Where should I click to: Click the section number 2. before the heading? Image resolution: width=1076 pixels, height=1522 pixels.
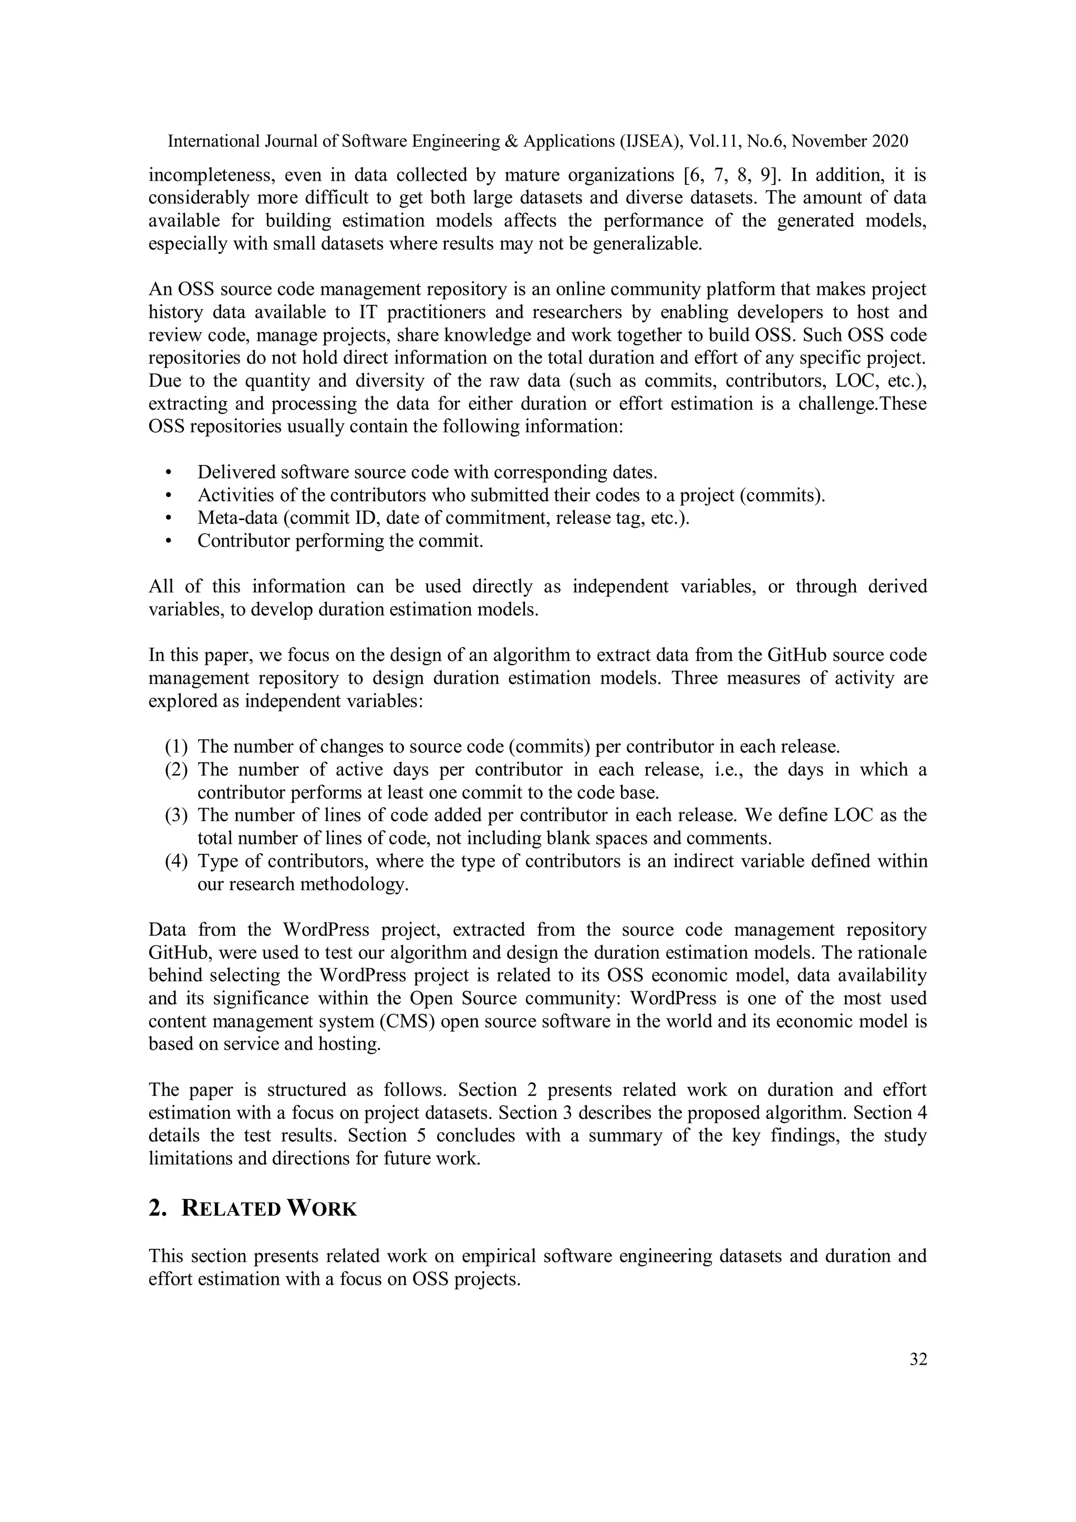[x=157, y=1208]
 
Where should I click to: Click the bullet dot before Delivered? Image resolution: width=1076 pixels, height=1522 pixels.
[x=169, y=473]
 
